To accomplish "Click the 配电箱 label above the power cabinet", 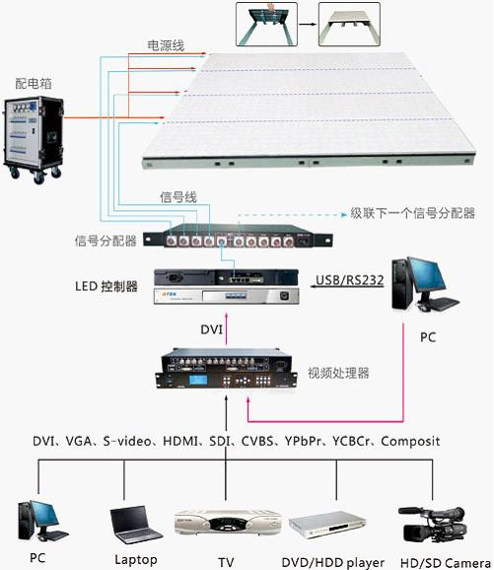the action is click(x=34, y=84).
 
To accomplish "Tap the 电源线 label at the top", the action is click(x=166, y=45).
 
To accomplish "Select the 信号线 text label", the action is click(x=178, y=197).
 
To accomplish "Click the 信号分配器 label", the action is click(x=106, y=241).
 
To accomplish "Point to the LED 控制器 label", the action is click(x=106, y=286).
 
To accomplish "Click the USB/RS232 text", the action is click(x=350, y=280).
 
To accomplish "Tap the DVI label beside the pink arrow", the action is click(x=212, y=329).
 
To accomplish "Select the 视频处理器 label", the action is click(x=339, y=373).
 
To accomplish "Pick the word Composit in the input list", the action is click(x=410, y=442).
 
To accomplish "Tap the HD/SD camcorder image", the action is click(x=432, y=524).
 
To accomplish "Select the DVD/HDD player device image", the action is click(x=326, y=524).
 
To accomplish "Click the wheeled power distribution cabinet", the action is click(x=34, y=139).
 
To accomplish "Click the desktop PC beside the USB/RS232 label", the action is click(x=424, y=284).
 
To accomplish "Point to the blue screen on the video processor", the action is click(x=198, y=381).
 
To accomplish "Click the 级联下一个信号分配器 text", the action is click(x=413, y=213).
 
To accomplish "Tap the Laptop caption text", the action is click(x=136, y=560).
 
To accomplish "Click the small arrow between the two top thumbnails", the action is click(x=308, y=25).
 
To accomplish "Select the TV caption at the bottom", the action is click(x=226, y=562).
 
